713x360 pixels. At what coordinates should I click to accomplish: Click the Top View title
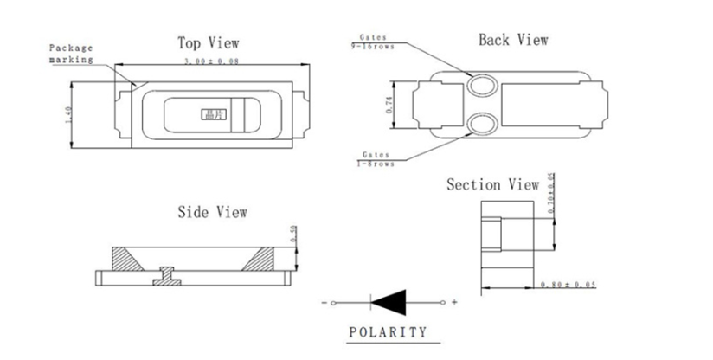click(x=209, y=42)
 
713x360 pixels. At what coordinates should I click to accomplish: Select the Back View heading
click(x=513, y=40)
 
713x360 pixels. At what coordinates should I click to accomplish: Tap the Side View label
click(x=212, y=211)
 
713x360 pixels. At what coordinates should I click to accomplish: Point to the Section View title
click(x=492, y=184)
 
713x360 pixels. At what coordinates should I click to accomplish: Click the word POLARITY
click(x=388, y=331)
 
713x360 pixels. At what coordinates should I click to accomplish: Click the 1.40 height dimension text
click(x=69, y=112)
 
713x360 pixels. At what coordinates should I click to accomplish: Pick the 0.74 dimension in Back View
click(x=389, y=105)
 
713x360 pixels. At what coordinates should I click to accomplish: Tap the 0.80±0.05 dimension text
click(x=568, y=285)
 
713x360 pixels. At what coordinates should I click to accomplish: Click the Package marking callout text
click(x=70, y=53)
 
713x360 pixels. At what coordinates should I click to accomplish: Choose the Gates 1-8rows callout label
click(x=372, y=158)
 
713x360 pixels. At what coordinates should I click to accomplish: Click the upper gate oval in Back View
click(x=480, y=87)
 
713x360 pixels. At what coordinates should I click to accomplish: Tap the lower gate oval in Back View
click(x=480, y=125)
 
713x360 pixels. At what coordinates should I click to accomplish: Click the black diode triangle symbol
click(x=389, y=302)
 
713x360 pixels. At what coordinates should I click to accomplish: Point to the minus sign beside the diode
click(x=324, y=303)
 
